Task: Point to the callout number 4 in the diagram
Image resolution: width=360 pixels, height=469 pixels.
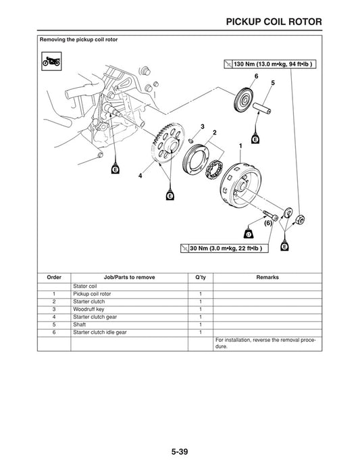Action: tap(140, 176)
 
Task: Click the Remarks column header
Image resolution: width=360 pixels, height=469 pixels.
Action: tap(267, 278)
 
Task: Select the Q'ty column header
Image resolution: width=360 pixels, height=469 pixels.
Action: tap(201, 278)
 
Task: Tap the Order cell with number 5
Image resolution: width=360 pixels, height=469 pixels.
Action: tap(53, 324)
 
